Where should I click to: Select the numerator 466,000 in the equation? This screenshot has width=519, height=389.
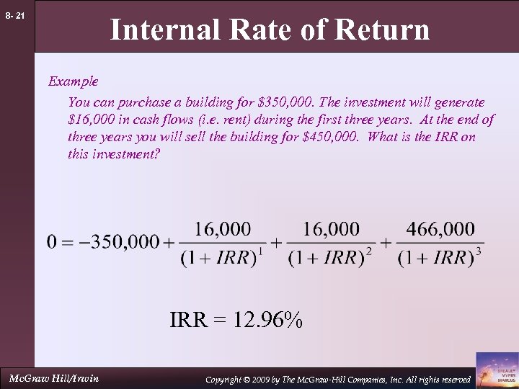440,229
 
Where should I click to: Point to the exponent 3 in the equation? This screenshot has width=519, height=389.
479,251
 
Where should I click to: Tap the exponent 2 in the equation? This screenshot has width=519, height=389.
369,251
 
